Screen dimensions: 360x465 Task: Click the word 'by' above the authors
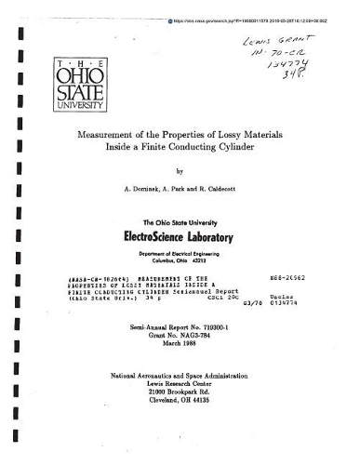tap(179, 172)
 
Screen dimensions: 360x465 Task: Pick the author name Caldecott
tap(229, 188)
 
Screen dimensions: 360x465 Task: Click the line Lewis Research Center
tap(179, 382)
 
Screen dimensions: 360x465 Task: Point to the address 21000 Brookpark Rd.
tap(179, 391)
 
